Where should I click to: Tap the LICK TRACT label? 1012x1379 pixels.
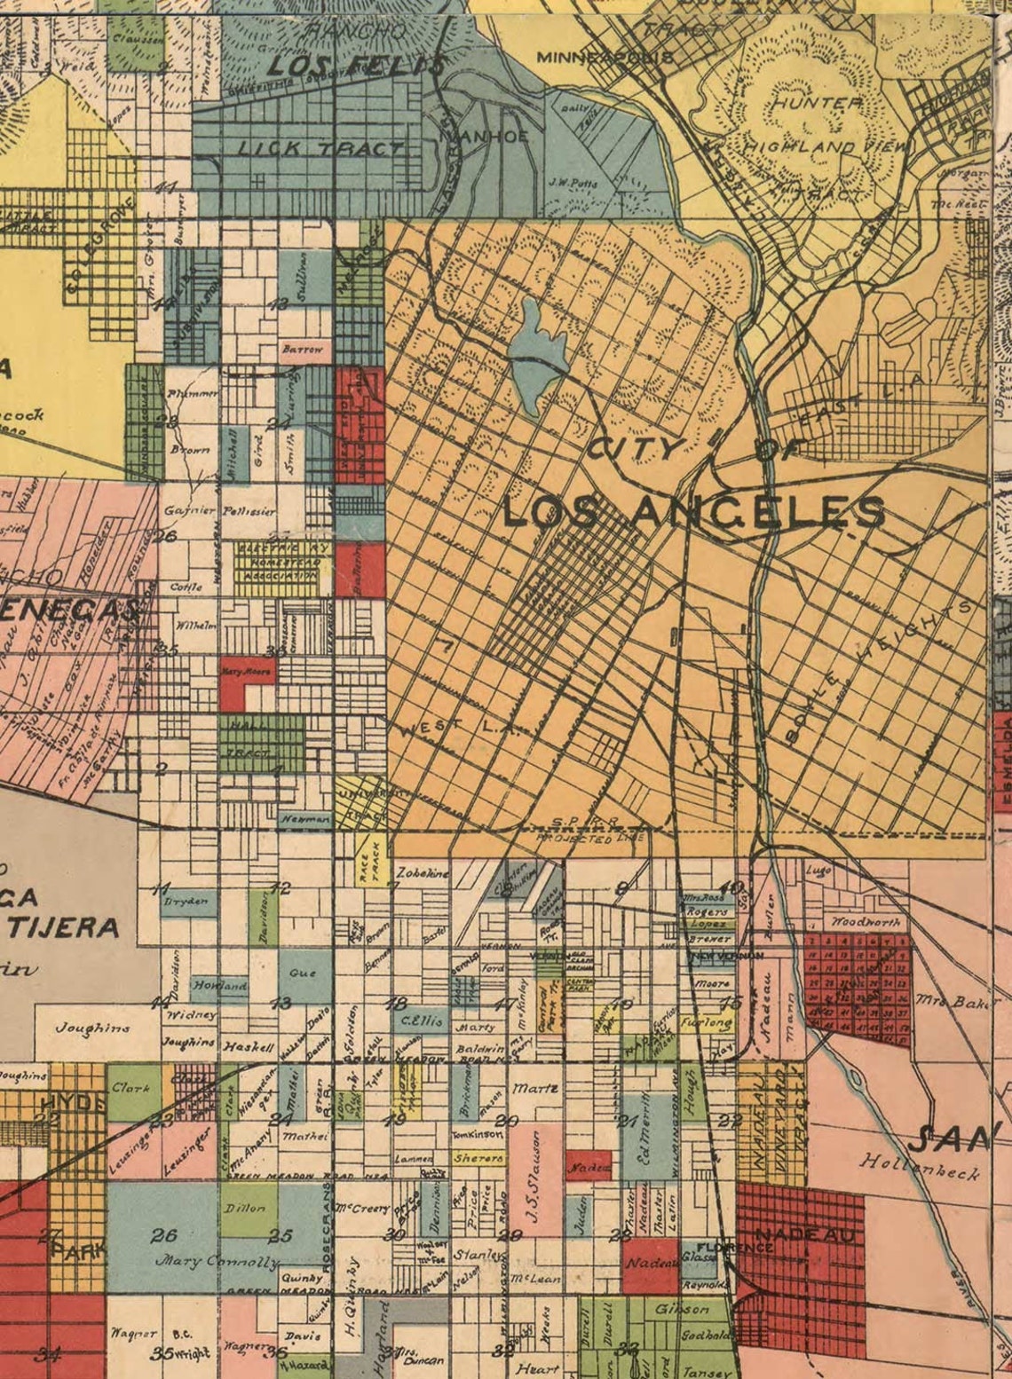(x=320, y=148)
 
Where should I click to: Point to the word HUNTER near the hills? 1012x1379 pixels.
(x=817, y=104)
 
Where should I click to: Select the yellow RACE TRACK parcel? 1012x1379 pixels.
(x=368, y=860)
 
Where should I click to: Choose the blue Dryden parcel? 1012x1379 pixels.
(x=188, y=902)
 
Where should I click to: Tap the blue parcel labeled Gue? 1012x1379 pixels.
(x=303, y=973)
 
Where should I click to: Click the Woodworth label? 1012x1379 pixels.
(x=865, y=922)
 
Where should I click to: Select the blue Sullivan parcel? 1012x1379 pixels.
(x=299, y=277)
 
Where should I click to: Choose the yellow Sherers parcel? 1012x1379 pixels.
(x=478, y=1158)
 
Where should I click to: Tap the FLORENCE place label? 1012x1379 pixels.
(x=729, y=1247)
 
